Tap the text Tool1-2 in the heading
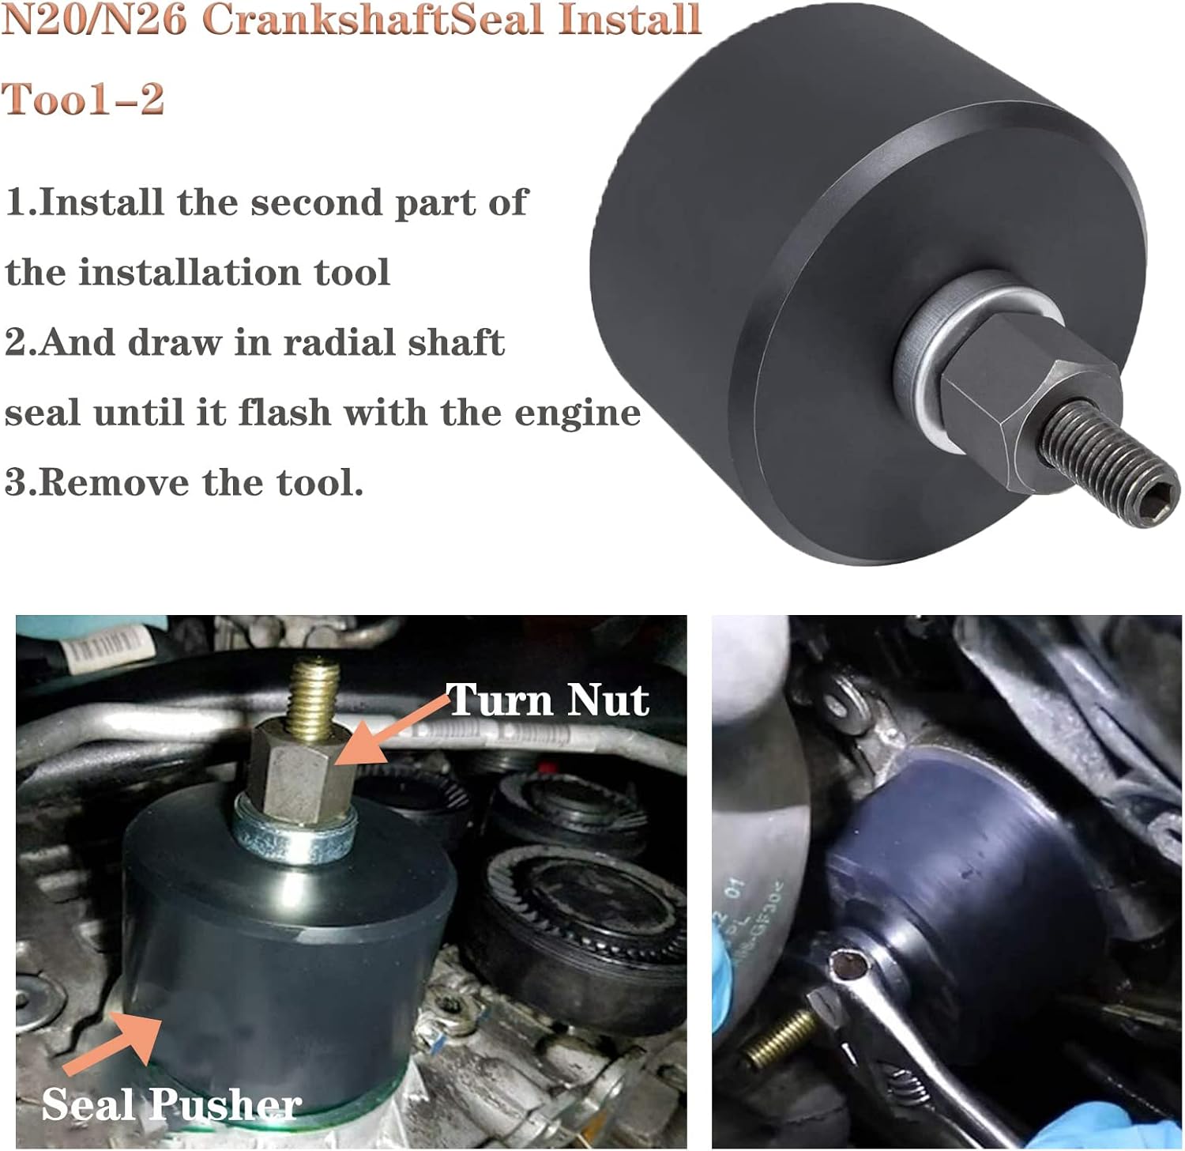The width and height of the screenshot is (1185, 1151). tap(83, 100)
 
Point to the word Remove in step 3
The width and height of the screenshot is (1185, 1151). tap(114, 482)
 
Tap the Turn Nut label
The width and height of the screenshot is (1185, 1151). tap(547, 700)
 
